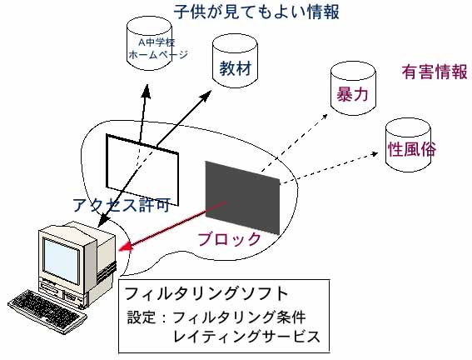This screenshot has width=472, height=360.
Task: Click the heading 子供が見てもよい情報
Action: pyautogui.click(x=256, y=12)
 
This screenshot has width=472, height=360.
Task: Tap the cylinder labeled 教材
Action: pyautogui.click(x=235, y=61)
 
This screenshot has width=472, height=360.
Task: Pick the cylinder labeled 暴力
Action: pyautogui.click(x=353, y=88)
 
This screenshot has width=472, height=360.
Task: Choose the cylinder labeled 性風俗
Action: pyautogui.click(x=409, y=145)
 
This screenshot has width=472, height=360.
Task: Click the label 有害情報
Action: pyautogui.click(x=435, y=72)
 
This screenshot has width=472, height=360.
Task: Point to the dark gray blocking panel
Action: pyautogui.click(x=242, y=197)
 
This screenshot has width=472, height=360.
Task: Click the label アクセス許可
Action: pyautogui.click(x=122, y=205)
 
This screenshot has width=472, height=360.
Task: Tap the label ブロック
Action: pyautogui.click(x=229, y=239)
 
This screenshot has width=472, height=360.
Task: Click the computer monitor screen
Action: pyautogui.click(x=62, y=260)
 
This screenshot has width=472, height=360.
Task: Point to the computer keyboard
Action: pyautogui.click(x=47, y=312)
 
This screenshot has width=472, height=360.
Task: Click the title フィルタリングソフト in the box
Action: pyautogui.click(x=206, y=293)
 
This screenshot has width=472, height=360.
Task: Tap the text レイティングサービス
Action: pyautogui.click(x=247, y=336)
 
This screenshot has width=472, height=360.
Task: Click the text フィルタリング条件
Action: pyautogui.click(x=240, y=317)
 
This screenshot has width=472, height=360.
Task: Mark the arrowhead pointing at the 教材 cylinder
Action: pyautogui.click(x=206, y=96)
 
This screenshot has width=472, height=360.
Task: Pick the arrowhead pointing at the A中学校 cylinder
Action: pyautogui.click(x=146, y=91)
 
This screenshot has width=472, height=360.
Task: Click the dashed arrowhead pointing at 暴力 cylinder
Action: pyautogui.click(x=325, y=117)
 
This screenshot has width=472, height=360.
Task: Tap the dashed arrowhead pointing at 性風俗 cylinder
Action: pyautogui.click(x=375, y=153)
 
